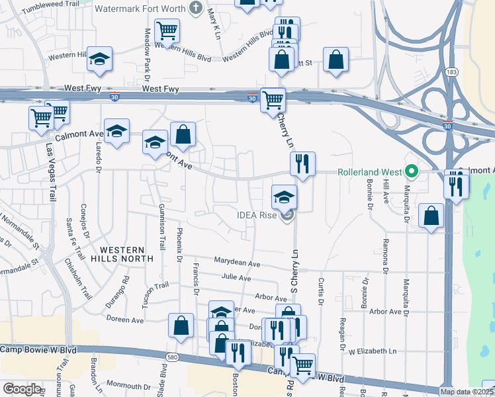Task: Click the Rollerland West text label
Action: [x=370, y=172]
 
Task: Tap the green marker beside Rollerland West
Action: [x=412, y=172]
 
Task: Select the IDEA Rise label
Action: [x=259, y=214]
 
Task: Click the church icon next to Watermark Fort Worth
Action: [x=195, y=9]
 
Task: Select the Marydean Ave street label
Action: [x=236, y=263]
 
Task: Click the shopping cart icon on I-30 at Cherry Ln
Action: [x=273, y=101]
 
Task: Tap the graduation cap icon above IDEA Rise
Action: [x=284, y=197]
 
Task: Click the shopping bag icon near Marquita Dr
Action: [x=431, y=216]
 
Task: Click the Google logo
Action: [x=22, y=389]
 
